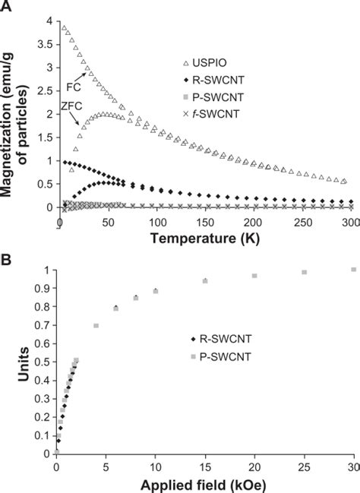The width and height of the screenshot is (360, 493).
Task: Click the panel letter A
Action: (x=7, y=6)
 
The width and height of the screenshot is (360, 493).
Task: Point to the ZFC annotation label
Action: (x=71, y=108)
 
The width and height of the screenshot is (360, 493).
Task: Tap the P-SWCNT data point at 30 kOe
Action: (x=352, y=270)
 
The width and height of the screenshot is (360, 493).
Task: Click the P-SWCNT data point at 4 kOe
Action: (x=96, y=326)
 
